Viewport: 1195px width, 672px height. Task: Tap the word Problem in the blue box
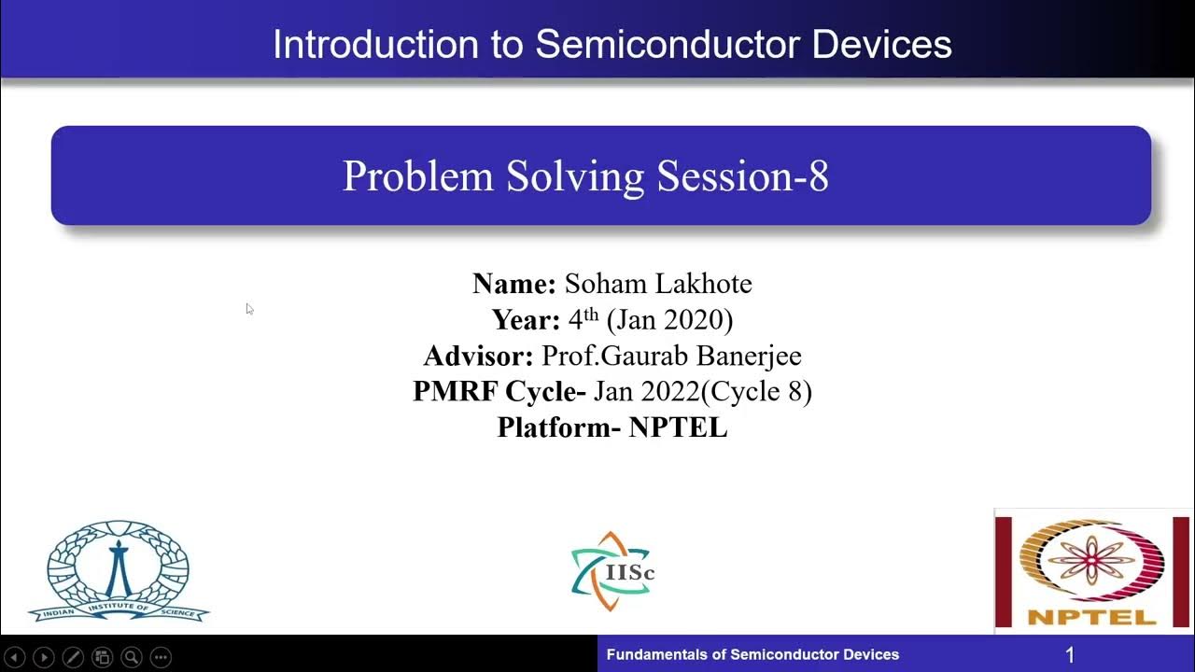(418, 175)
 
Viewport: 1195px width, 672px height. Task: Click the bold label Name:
(513, 284)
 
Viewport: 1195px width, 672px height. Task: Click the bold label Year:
(526, 320)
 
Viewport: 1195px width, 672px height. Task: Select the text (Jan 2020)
(669, 320)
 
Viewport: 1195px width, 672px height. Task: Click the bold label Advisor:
(477, 356)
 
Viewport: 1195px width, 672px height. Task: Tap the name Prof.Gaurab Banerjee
(671, 356)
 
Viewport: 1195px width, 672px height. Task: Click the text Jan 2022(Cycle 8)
(702, 392)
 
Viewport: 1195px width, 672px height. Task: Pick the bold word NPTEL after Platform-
(678, 427)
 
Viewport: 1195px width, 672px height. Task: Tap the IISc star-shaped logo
(612, 571)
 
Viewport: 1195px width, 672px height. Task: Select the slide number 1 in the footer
(1070, 655)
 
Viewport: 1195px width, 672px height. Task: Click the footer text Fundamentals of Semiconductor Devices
(752, 655)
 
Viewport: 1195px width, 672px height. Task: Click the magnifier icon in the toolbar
(132, 657)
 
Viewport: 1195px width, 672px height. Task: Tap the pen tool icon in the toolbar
(73, 657)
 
